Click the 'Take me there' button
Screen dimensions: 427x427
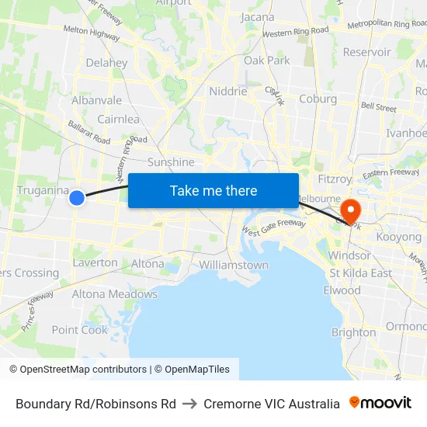(213, 190)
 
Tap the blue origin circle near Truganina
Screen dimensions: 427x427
(77, 198)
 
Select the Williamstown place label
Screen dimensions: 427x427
(234, 265)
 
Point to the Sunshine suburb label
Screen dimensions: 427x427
(171, 162)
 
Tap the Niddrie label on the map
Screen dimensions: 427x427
(228, 91)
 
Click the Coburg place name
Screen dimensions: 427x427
(318, 99)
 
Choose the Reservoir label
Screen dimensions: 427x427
(367, 52)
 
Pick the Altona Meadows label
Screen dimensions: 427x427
(114, 294)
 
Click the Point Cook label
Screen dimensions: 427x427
(80, 330)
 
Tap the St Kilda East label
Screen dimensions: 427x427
(360, 273)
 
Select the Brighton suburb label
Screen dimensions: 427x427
(353, 332)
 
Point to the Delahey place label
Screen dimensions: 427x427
(106, 63)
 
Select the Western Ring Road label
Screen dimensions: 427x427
(295, 33)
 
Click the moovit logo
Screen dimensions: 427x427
(380, 403)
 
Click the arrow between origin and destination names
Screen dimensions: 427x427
(189, 404)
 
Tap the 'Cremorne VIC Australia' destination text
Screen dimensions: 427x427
(272, 404)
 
